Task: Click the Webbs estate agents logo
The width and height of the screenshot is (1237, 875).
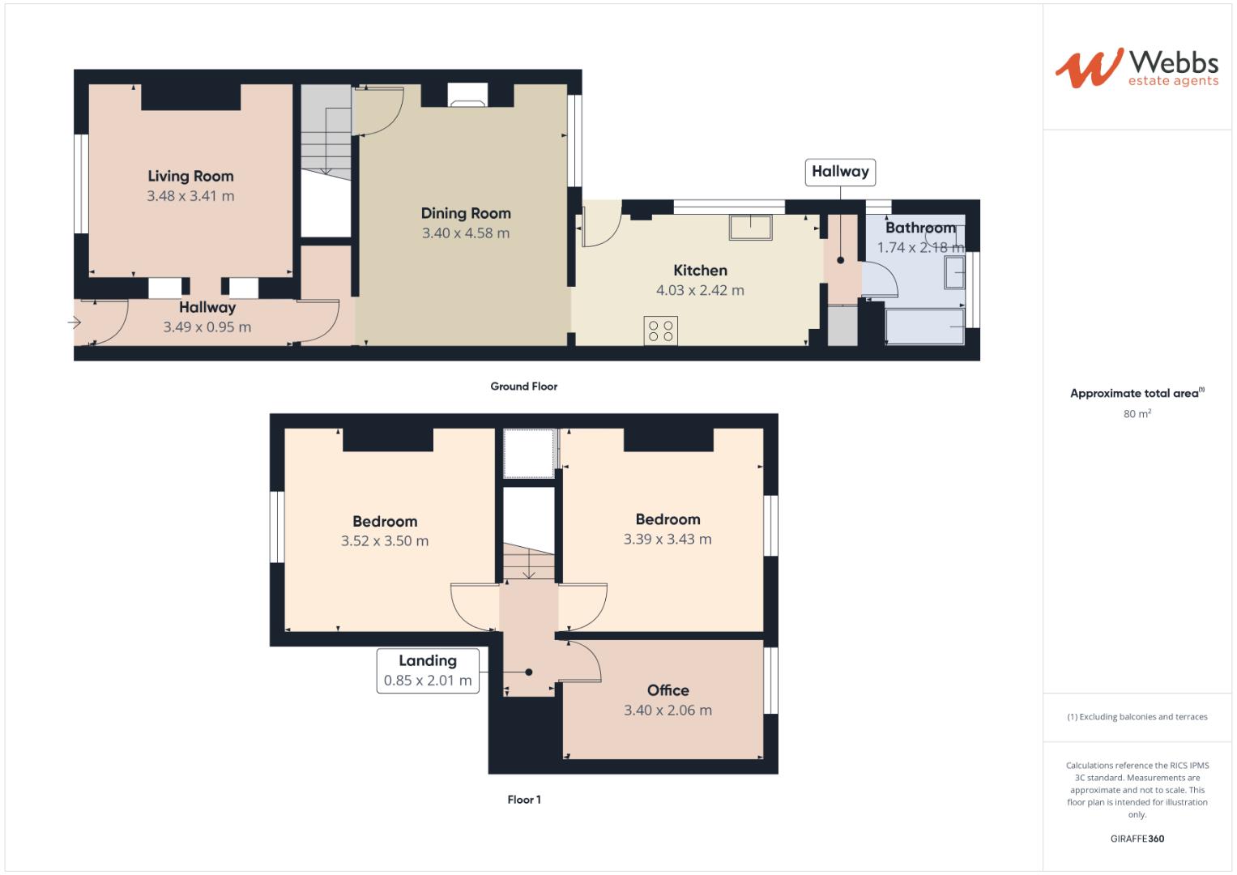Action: point(1136,68)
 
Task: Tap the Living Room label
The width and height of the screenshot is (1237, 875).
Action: point(190,176)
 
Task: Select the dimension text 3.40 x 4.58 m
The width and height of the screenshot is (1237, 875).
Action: point(465,233)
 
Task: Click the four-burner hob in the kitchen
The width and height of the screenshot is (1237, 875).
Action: point(661,331)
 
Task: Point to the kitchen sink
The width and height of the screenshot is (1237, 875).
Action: point(750,227)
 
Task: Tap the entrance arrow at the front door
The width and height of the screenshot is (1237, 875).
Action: point(75,323)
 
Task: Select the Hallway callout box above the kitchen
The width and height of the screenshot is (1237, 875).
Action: point(840,172)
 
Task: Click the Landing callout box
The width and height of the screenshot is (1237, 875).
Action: point(427,671)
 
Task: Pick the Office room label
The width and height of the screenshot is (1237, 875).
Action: point(668,690)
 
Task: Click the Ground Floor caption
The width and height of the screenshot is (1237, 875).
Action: point(523,386)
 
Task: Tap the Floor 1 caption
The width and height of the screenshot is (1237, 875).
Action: point(523,800)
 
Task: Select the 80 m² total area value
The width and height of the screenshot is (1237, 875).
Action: point(1137,414)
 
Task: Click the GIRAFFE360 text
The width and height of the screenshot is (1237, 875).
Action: point(1137,839)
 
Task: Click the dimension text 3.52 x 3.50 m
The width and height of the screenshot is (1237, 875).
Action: point(385,541)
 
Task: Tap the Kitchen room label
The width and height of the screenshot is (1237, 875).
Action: point(700,271)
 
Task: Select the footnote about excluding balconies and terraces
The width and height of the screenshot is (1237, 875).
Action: point(1137,717)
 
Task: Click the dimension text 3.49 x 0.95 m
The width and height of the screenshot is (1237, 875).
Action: point(207,327)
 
